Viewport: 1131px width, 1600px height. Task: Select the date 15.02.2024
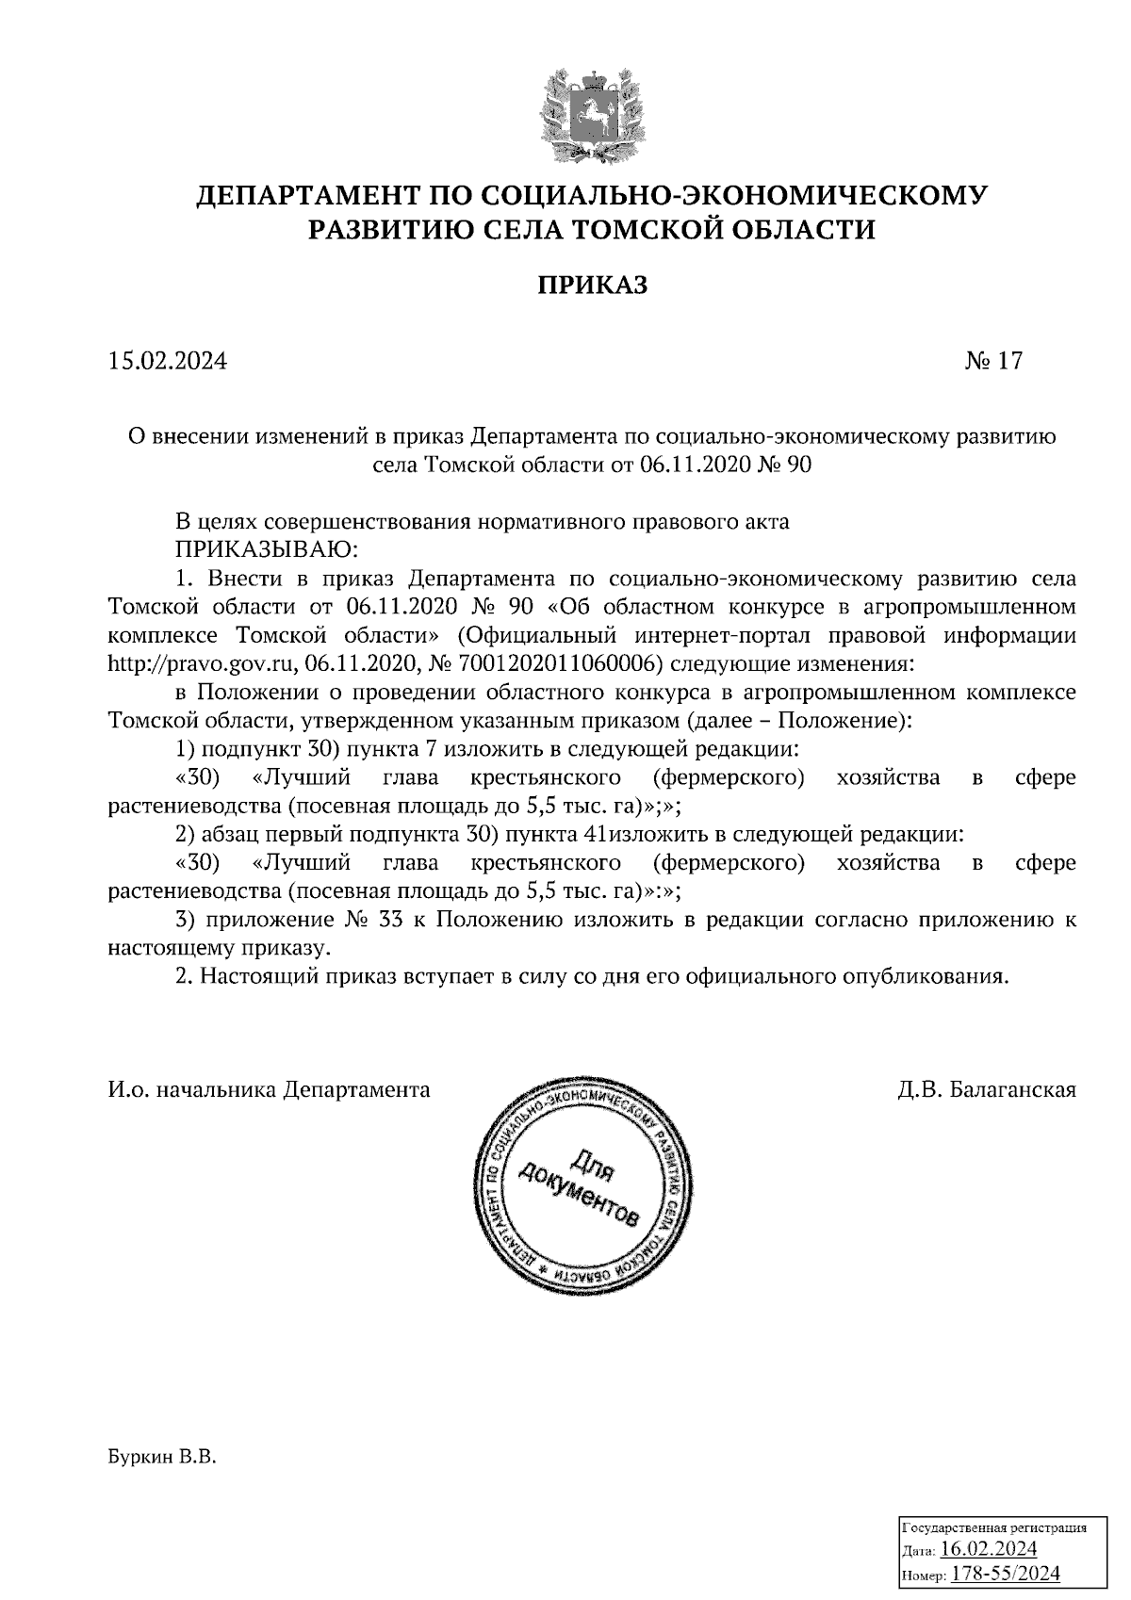[168, 361]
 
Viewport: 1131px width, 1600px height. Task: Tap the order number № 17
[992, 361]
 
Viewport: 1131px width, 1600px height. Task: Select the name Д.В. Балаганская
[987, 1090]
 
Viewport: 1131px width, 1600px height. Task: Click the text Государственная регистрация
[995, 1527]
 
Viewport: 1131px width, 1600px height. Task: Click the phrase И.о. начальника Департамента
[269, 1090]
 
